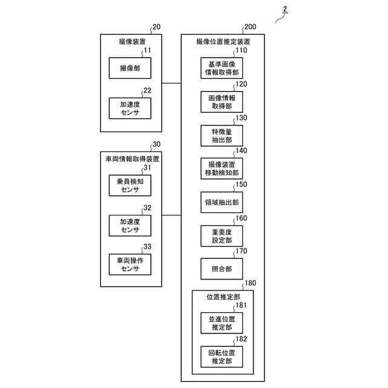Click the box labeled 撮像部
(x=130, y=69)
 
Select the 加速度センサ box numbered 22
(x=130, y=108)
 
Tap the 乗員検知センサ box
(x=130, y=185)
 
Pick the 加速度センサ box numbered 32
(x=130, y=225)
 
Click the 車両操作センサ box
(x=130, y=264)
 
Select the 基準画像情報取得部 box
(x=222, y=69)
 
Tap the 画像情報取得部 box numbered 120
(x=222, y=102)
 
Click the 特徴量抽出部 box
(x=222, y=135)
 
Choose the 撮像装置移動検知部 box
(x=222, y=169)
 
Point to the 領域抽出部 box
(x=222, y=201)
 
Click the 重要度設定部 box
(x=222, y=235)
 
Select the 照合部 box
(x=222, y=268)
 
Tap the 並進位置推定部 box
(x=222, y=323)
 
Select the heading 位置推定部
(x=222, y=298)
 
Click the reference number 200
(x=250, y=28)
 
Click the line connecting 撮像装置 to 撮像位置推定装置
(x=172, y=82)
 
